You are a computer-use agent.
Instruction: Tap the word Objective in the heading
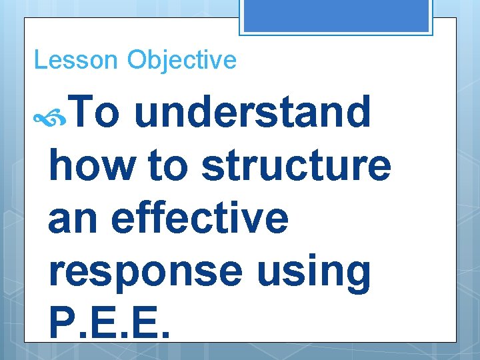(182, 60)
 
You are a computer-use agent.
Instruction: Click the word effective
(200, 219)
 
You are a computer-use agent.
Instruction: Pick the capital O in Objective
(137, 60)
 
